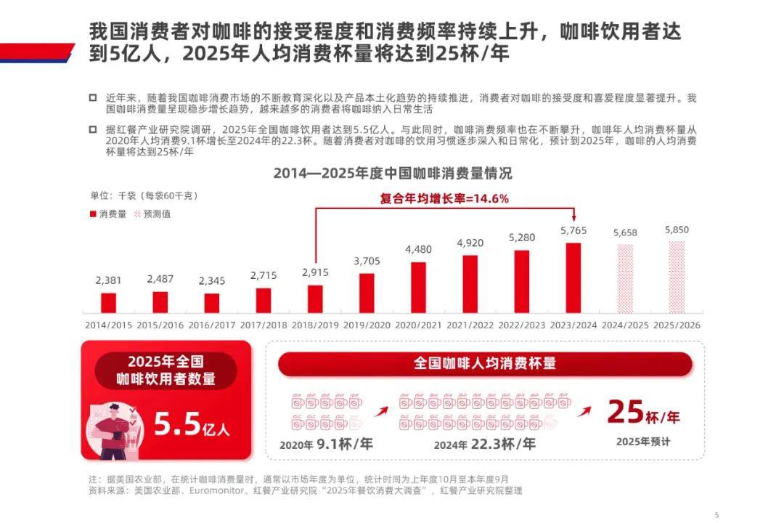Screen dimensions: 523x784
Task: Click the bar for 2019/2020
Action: (x=367, y=293)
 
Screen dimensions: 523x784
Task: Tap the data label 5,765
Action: (x=573, y=230)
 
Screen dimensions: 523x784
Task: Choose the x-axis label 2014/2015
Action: (x=108, y=325)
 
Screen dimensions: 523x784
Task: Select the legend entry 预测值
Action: (x=152, y=214)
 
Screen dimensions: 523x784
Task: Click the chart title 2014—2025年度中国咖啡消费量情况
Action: (x=392, y=174)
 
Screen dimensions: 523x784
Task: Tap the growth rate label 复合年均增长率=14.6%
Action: (x=444, y=198)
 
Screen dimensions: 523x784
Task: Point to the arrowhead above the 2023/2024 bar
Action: (x=573, y=217)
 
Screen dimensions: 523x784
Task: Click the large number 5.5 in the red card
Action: (x=176, y=424)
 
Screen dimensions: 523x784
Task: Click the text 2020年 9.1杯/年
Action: (x=326, y=444)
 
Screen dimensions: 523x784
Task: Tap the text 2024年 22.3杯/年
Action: (x=484, y=444)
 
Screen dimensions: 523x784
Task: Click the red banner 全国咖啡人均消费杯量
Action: (x=485, y=363)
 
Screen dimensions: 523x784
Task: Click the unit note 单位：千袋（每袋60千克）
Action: (x=144, y=195)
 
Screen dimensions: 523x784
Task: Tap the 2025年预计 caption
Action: (x=643, y=441)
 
